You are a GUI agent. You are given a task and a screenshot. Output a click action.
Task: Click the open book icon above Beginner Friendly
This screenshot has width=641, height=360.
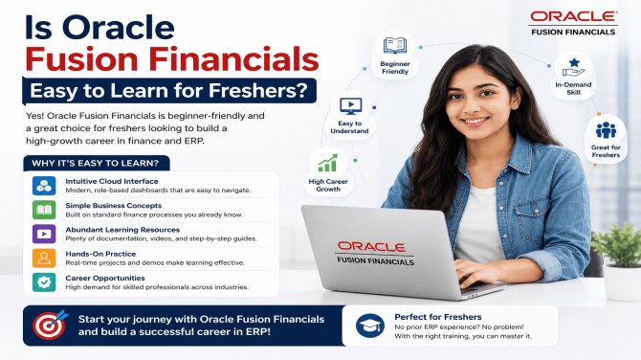395,45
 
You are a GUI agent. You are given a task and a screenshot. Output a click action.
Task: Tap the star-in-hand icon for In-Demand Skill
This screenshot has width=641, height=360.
573,67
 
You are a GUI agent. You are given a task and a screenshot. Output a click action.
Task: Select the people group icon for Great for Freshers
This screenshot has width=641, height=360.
606,130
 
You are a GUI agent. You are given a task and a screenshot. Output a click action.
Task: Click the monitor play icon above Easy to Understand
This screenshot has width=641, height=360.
350,106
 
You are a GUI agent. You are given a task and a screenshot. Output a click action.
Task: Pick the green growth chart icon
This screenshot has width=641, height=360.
328,163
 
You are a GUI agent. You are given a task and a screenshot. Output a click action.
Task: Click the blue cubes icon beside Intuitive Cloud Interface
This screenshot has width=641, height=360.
44,186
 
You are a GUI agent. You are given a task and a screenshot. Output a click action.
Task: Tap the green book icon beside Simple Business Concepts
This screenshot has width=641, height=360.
44,210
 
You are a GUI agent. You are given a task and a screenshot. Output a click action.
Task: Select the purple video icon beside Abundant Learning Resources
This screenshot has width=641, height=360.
44,234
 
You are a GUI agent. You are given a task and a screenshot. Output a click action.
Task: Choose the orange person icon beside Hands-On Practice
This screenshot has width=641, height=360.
44,258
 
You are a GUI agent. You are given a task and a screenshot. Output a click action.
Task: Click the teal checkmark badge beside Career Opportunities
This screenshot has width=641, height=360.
44,281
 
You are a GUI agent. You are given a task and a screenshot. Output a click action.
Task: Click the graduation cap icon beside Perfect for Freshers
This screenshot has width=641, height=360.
369,326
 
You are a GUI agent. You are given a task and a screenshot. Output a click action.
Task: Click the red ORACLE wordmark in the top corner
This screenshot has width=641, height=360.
573,16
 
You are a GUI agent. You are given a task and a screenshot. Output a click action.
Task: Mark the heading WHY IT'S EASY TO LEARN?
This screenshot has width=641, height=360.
96,163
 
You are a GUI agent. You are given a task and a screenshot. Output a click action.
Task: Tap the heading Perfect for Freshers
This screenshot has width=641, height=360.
438,317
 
